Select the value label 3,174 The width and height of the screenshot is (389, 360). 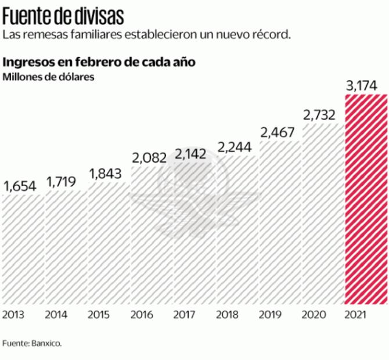(x=362, y=86)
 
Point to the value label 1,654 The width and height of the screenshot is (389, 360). (x=20, y=186)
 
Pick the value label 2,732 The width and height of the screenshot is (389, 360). (x=319, y=115)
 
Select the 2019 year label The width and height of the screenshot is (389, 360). (x=270, y=315)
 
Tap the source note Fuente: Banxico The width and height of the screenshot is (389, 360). (x=32, y=343)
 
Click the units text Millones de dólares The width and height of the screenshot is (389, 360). (x=49, y=77)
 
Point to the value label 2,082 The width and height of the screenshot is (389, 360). (x=149, y=157)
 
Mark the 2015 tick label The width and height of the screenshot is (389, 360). (x=99, y=315)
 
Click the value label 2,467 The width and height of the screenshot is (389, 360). (x=278, y=132)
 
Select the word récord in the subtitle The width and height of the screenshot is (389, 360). (x=269, y=34)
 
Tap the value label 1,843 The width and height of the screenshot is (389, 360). (x=106, y=174)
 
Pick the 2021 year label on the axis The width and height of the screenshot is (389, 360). (x=356, y=315)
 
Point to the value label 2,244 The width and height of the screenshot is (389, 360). (x=234, y=147)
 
